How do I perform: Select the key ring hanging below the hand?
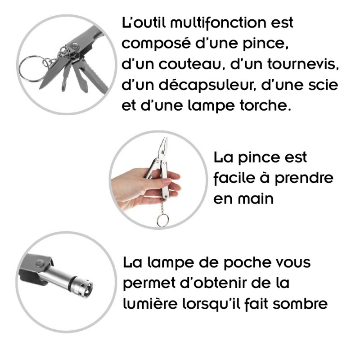point(162,221)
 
